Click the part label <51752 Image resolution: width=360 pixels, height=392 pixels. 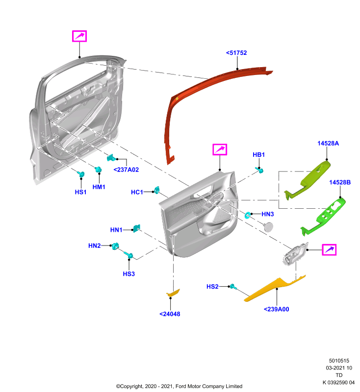236,53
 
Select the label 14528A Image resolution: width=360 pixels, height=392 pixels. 328,143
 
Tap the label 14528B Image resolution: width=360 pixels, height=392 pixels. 340,182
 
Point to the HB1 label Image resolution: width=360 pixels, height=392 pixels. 258,154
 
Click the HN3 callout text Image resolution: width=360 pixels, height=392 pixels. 268,214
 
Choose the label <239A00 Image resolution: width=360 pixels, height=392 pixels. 277,309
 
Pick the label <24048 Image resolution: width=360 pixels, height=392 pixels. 170,314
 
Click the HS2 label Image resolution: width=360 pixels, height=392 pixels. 212,287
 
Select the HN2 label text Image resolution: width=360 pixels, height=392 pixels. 94,246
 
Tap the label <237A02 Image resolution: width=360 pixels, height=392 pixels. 126,170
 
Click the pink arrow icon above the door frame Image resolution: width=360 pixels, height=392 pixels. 79,36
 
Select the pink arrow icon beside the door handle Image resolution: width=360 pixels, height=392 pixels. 329,250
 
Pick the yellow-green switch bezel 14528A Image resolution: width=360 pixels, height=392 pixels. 308,180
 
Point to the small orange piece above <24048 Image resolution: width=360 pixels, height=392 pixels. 173,293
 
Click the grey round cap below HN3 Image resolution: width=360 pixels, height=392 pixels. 268,227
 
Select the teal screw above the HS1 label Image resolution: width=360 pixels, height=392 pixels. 80,174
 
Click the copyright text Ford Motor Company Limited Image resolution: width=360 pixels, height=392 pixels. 209,386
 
